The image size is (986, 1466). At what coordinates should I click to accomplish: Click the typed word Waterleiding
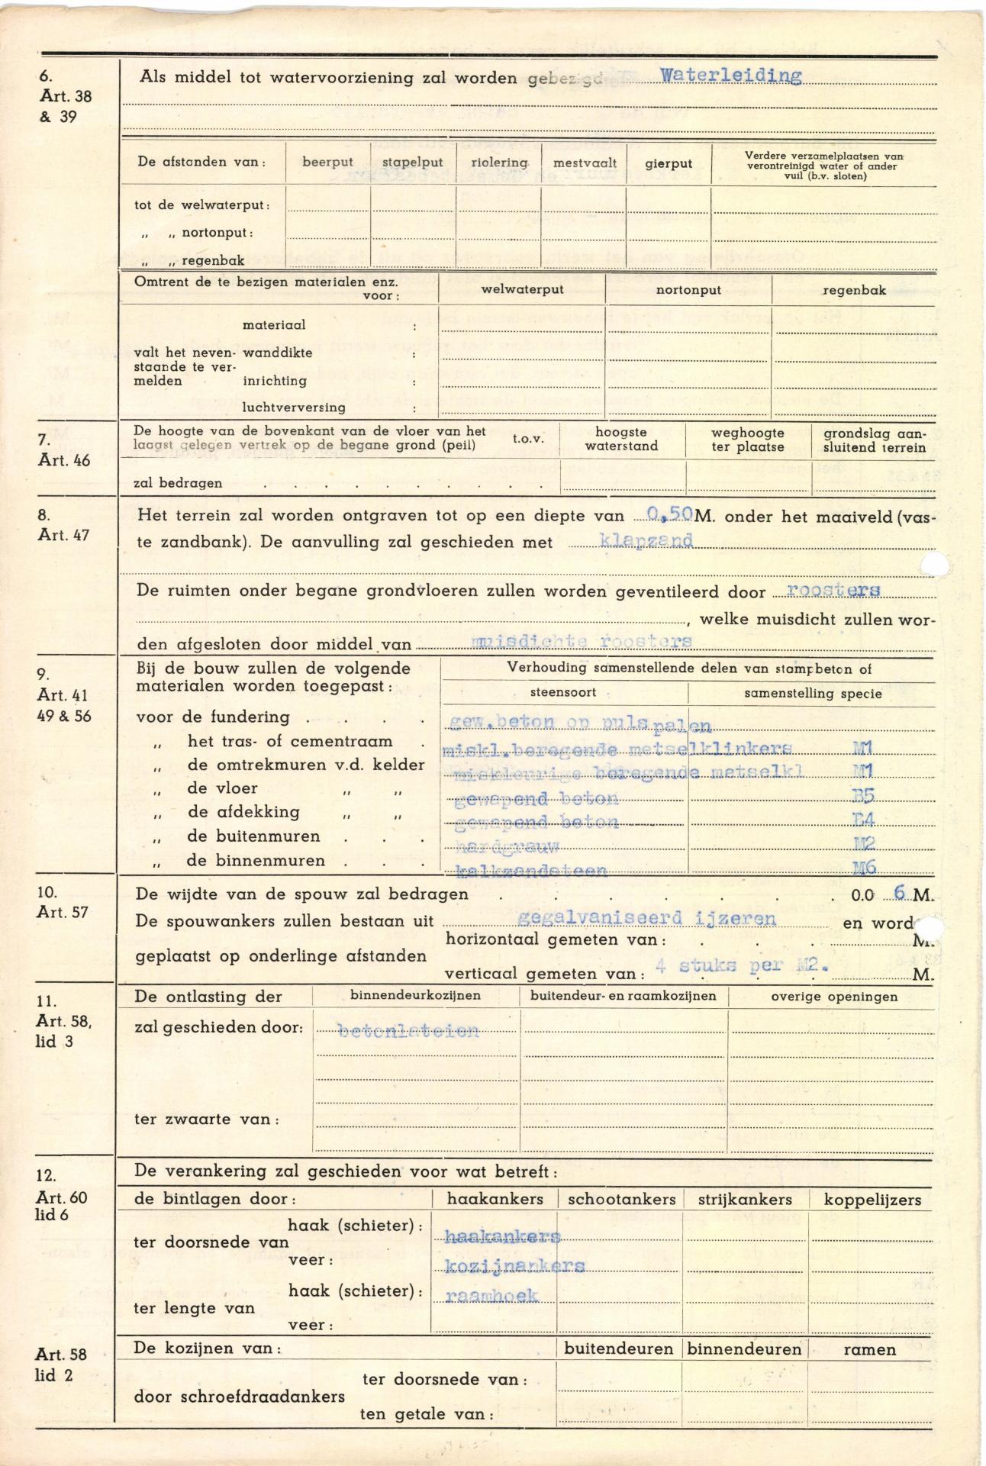coord(730,76)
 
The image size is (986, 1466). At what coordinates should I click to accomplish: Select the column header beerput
coord(327,163)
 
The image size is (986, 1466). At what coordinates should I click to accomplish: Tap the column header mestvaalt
coord(585,163)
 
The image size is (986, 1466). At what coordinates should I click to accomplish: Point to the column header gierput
coord(668,163)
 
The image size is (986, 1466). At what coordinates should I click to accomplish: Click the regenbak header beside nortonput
coord(854,290)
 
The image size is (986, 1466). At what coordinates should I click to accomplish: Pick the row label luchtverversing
coord(294,408)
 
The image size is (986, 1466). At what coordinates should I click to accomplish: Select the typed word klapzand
coord(646,541)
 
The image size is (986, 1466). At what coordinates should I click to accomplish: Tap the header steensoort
coord(563,693)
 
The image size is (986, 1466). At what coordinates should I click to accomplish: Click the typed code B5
coord(862,797)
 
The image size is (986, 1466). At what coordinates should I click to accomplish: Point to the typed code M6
coord(862,868)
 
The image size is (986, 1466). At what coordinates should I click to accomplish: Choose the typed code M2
coord(862,844)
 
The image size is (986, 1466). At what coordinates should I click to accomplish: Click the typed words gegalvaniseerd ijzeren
coord(646,919)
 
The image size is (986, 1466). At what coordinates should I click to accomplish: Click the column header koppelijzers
coord(872,1200)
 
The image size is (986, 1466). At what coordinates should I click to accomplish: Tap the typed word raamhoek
coord(491,1296)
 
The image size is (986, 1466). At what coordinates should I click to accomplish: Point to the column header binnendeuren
coord(744,1349)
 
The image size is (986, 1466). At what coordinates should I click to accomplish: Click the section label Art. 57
coord(62,913)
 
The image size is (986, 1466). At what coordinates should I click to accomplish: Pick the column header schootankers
coord(621,1200)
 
